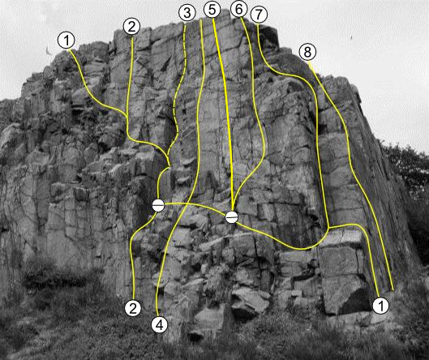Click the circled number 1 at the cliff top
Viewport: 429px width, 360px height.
[66, 41]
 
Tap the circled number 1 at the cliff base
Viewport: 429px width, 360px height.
[381, 306]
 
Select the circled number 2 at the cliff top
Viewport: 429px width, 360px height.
[132, 27]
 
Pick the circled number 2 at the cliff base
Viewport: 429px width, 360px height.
[133, 308]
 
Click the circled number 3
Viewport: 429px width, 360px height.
[187, 13]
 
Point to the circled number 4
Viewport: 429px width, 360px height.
[160, 325]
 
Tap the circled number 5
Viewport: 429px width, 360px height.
[212, 9]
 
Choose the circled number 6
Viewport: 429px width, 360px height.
[239, 9]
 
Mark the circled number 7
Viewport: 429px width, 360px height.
[259, 15]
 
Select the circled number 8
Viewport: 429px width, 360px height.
[307, 52]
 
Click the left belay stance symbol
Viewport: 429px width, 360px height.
[158, 205]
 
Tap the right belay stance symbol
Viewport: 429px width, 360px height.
[232, 217]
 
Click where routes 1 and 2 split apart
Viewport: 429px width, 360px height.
[127, 115]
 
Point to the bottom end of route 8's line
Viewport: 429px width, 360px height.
[393, 290]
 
